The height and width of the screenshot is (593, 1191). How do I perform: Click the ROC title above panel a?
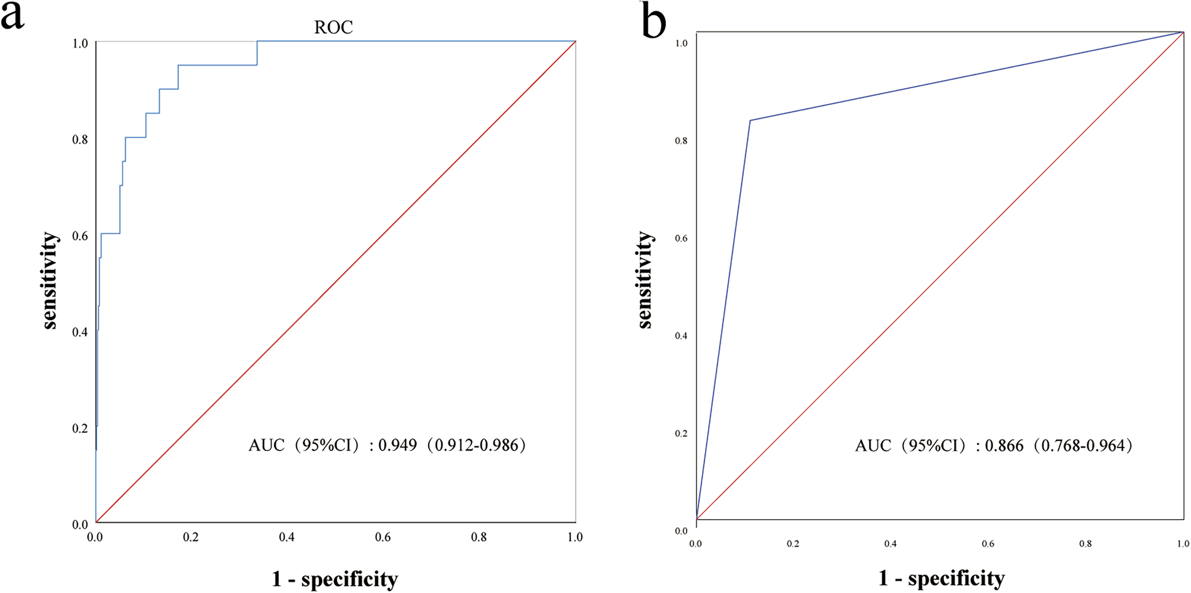(x=333, y=27)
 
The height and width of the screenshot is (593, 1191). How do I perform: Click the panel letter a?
(x=13, y=16)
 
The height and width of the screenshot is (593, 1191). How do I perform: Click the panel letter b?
(x=654, y=22)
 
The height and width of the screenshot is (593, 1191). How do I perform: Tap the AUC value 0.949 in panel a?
(x=397, y=445)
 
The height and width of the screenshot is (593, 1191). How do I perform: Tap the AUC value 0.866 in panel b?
(x=1004, y=445)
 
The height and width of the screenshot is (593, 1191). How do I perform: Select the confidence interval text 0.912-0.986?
(x=476, y=445)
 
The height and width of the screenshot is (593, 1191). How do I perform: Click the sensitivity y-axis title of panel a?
(x=50, y=280)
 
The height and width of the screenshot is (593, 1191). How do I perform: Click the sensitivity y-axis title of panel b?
(x=644, y=280)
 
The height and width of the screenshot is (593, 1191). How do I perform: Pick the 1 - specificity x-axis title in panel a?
(x=335, y=579)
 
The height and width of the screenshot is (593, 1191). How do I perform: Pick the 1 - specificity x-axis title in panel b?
(x=941, y=578)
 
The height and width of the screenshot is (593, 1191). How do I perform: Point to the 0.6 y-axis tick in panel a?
(x=80, y=236)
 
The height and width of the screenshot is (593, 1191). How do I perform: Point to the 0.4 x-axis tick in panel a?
(x=286, y=538)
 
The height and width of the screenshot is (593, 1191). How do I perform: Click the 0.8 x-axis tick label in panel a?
(x=479, y=538)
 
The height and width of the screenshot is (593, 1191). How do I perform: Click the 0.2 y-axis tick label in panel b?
(x=681, y=433)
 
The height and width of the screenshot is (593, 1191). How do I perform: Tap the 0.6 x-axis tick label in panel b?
(x=988, y=544)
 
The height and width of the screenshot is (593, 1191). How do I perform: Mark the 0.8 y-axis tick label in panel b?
(x=681, y=141)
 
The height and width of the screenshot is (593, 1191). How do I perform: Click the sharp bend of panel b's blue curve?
(x=750, y=120)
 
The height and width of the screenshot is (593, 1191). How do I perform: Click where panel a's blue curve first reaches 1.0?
(x=257, y=41)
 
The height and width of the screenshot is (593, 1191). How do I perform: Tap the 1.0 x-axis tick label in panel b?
(x=1183, y=544)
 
